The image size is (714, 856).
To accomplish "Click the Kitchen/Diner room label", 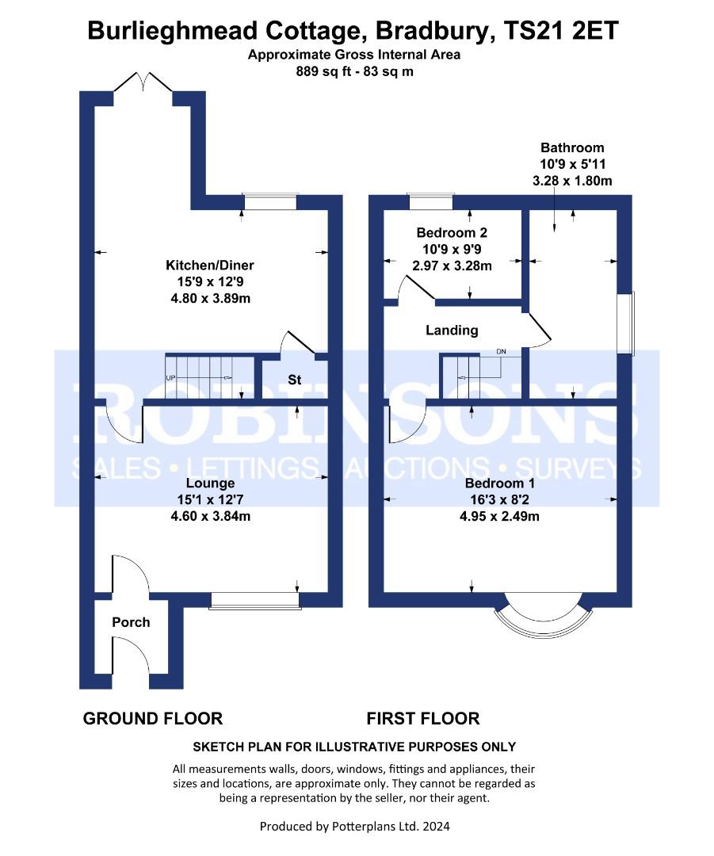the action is coord(210,266).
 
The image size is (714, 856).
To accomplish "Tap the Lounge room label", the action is coord(210,483).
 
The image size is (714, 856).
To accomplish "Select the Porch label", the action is coord(131,622).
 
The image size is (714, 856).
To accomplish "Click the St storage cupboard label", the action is coord(295,380).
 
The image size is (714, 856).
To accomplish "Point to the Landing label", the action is coord(452,331).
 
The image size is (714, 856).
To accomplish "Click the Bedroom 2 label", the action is coord(452,232).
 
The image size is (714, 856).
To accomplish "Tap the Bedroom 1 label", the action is coord(500,483).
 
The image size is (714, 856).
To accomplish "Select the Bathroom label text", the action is coord(572,147).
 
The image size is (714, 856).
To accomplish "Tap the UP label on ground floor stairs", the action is coord(170,378).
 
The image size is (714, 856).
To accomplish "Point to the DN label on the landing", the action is coord(501,352).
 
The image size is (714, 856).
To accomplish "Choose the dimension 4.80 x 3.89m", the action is coord(211,299).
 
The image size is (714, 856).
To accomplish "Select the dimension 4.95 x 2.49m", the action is coord(499,517).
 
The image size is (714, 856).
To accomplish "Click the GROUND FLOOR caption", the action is coord(153,718).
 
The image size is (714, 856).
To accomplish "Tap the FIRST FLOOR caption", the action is coord(423,718).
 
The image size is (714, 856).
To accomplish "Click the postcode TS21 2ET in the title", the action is coord(562,31).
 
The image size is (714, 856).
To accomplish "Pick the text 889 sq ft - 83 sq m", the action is coord(355,71).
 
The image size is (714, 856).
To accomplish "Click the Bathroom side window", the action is coord(626,323).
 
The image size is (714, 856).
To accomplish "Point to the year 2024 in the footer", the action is coord(436,826).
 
